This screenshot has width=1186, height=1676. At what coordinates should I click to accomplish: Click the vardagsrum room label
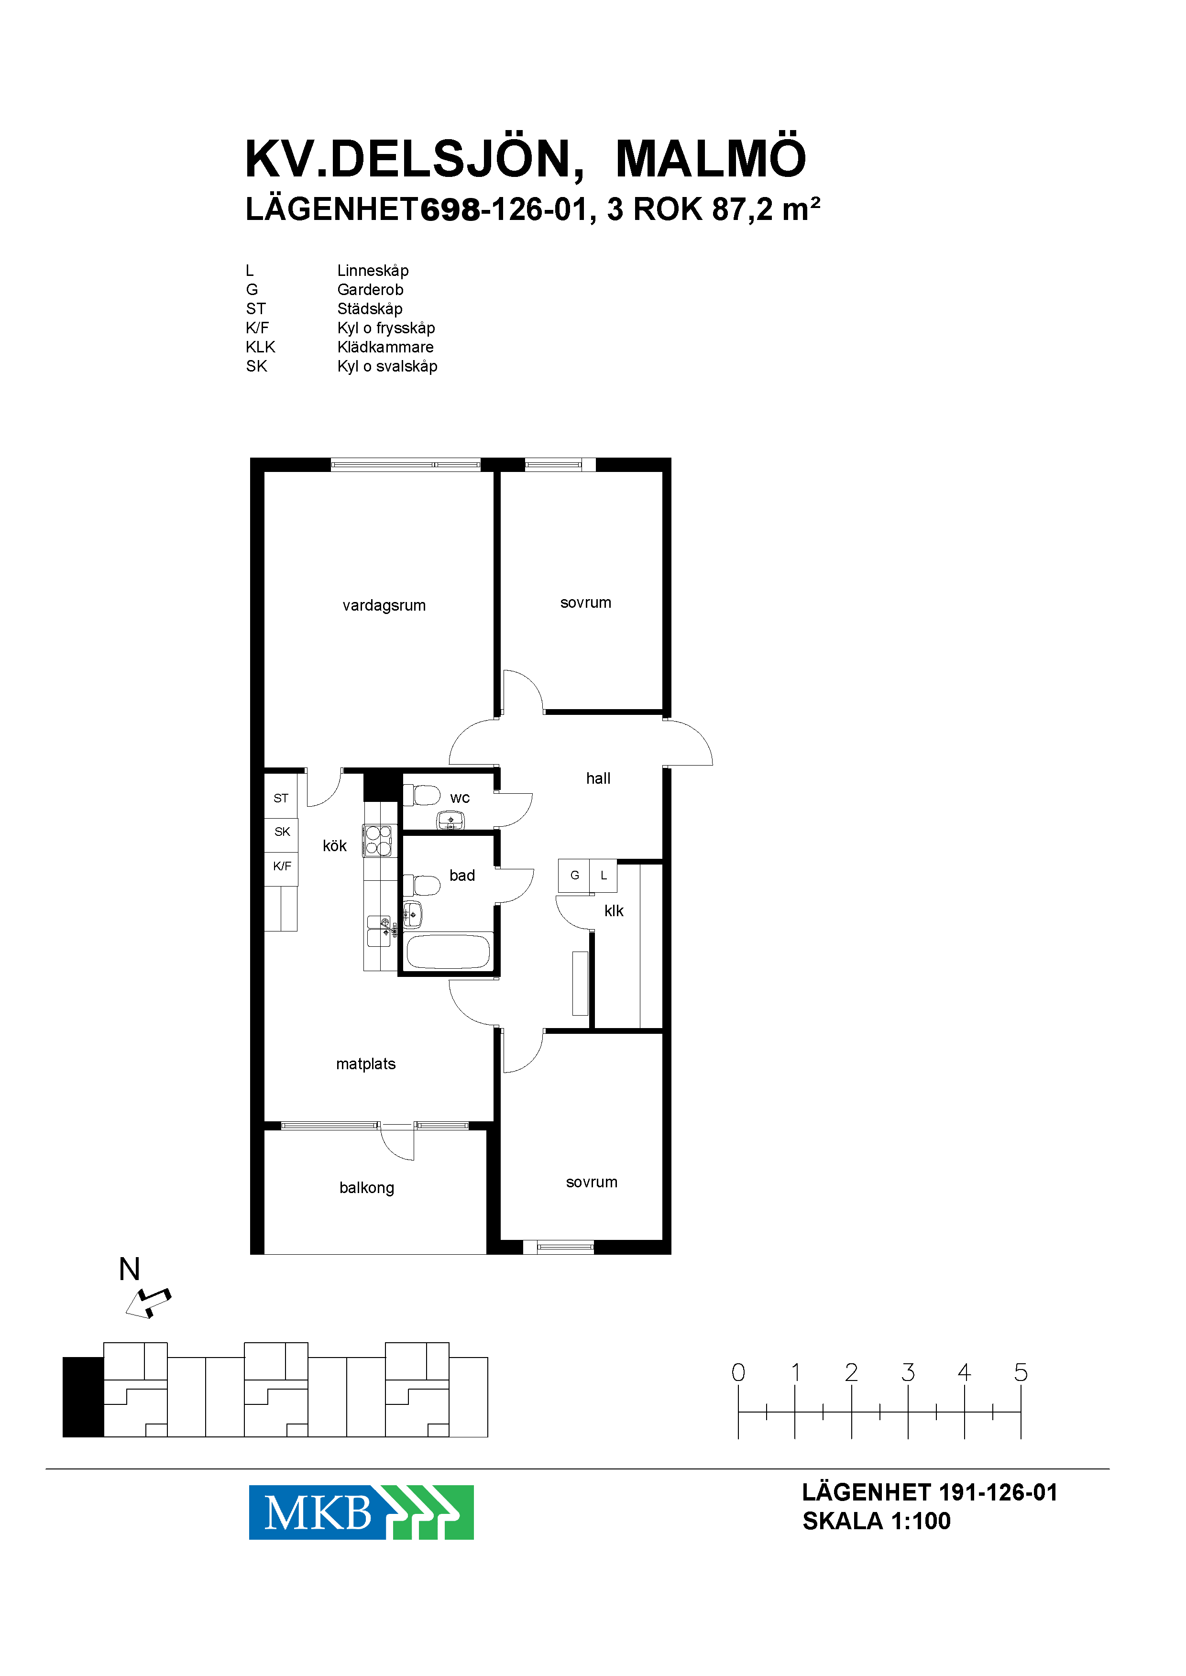pyautogui.click(x=384, y=605)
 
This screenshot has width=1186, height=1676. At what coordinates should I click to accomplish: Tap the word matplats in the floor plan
pyautogui.click(x=366, y=1064)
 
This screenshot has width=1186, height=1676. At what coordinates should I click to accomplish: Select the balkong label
pyautogui.click(x=367, y=1188)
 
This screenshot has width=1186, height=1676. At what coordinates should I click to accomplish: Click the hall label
pyautogui.click(x=598, y=778)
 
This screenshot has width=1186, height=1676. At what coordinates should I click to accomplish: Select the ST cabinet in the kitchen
pyautogui.click(x=281, y=798)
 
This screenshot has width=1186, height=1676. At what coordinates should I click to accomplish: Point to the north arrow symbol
pyautogui.click(x=148, y=1304)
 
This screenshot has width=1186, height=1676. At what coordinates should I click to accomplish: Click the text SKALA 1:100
pyautogui.click(x=877, y=1521)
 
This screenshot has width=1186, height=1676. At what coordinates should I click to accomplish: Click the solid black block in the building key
pyautogui.click(x=83, y=1397)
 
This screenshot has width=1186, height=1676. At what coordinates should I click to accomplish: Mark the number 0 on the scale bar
pyautogui.click(x=738, y=1372)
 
